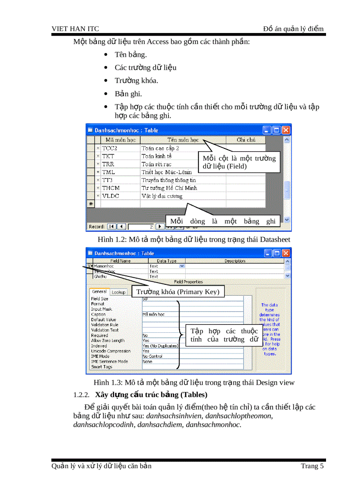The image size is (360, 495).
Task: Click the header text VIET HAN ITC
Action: pyautogui.click(x=75, y=29)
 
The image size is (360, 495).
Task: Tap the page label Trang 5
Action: pyautogui.click(x=312, y=466)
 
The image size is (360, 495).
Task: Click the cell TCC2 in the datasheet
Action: pyautogui.click(x=110, y=149)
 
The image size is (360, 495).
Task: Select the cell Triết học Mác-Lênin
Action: pyautogui.click(x=169, y=172)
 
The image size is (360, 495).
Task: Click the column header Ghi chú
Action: pyautogui.click(x=246, y=140)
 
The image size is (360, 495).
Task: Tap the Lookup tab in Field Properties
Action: pyautogui.click(x=118, y=292)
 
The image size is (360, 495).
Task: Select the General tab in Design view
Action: pyautogui.click(x=99, y=292)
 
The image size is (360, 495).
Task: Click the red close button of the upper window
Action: pyautogui.click(x=286, y=130)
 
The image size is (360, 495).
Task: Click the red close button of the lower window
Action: pyautogui.click(x=286, y=253)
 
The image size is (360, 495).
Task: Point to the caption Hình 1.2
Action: pyautogui.click(x=194, y=239)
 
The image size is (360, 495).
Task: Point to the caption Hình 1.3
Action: pyautogui.click(x=194, y=383)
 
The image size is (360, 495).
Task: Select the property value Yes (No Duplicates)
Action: pyautogui.click(x=160, y=346)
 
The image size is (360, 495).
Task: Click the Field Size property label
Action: pyautogui.click(x=100, y=299)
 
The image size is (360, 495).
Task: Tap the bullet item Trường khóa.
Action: pyautogui.click(x=136, y=81)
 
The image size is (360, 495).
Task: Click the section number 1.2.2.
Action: pyautogui.click(x=82, y=395)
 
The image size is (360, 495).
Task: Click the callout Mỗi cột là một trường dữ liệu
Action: pyautogui.click(x=239, y=162)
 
